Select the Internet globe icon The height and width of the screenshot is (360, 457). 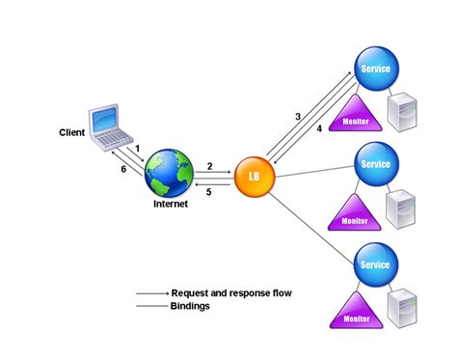tap(171, 175)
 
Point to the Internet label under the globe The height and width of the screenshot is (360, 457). tap(171, 206)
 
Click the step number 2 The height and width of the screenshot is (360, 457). tap(209, 165)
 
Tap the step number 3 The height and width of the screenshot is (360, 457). tap(298, 116)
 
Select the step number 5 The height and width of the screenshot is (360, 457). tap(209, 192)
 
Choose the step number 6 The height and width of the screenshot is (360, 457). tap(123, 168)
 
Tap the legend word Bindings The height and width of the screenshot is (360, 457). tap(191, 305)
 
